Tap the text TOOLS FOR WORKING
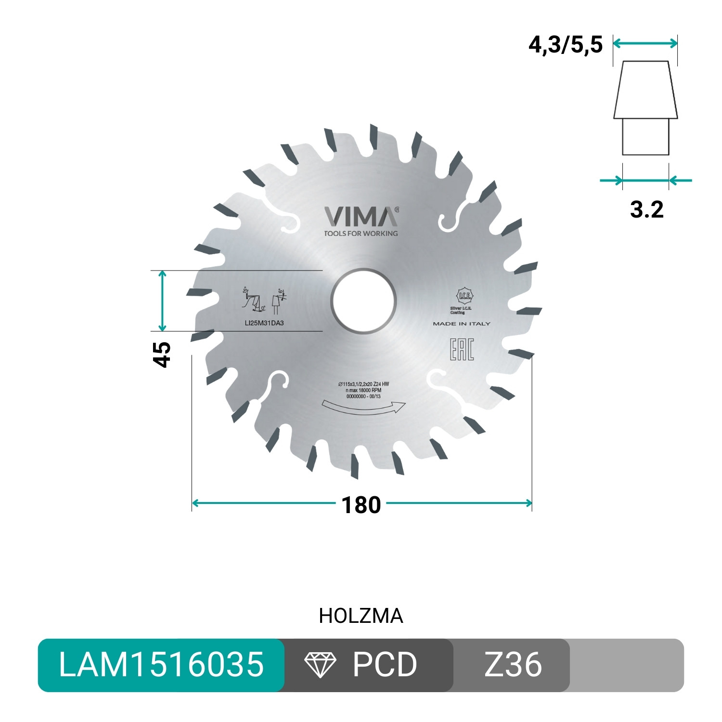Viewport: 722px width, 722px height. coord(361,233)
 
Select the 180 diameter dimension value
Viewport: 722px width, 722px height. coord(361,505)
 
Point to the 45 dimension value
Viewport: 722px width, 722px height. coord(163,354)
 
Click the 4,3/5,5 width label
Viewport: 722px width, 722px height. coord(566,45)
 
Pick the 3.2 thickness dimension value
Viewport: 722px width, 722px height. coord(646,209)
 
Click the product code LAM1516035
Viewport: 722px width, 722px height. coord(161,665)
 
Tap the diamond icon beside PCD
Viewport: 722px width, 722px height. coord(320,665)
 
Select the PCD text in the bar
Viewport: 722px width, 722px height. coord(385,665)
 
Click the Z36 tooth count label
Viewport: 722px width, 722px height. coord(513,665)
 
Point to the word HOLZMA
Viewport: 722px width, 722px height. coord(361,616)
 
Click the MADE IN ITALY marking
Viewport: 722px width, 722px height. coord(462,324)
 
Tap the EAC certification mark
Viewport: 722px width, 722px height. coord(462,349)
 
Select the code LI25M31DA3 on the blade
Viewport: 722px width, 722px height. coord(264,323)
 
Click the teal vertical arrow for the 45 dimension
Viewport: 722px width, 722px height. coord(163,301)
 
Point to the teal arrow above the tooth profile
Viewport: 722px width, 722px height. coord(645,43)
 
